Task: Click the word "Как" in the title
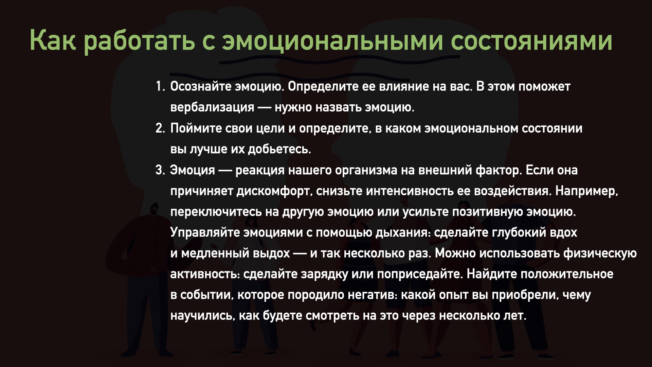[x=53, y=40]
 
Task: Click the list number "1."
[x=160, y=87]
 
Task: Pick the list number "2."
[x=160, y=128]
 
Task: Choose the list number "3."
[x=160, y=170]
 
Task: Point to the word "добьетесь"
[x=279, y=149]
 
